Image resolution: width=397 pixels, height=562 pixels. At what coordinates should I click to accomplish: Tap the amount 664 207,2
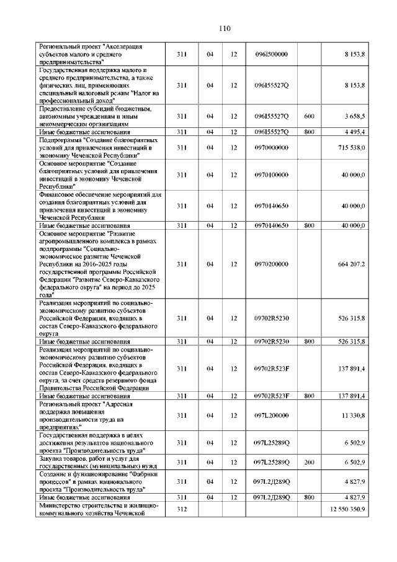[350, 264]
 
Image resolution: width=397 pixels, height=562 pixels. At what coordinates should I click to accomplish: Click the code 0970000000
[271, 148]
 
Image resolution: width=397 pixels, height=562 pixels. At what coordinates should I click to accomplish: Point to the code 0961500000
[271, 55]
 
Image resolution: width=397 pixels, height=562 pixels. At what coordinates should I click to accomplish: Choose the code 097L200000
[271, 415]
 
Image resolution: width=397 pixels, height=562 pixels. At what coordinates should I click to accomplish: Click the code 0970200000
[271, 264]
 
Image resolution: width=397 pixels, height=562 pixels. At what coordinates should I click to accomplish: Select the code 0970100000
[271, 174]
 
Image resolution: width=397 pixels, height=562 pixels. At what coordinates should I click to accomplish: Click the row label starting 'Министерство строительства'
[99, 509]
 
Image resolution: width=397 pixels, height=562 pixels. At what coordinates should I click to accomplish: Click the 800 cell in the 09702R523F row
[309, 396]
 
